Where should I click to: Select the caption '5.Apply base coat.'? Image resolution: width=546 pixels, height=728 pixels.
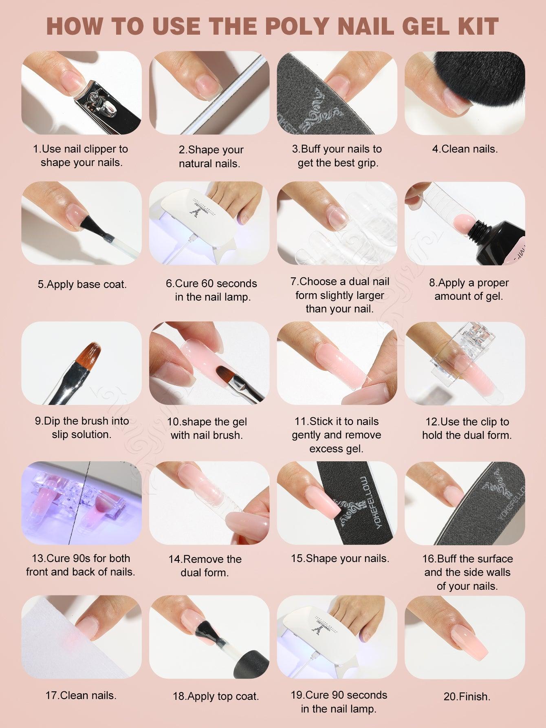tap(82, 284)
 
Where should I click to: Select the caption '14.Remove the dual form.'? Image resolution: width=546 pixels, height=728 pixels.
tap(205, 566)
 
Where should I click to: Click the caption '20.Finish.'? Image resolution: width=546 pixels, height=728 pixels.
tap(467, 697)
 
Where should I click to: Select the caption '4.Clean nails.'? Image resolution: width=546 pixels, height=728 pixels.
tap(465, 149)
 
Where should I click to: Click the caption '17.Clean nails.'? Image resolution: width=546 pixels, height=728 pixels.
tap(81, 695)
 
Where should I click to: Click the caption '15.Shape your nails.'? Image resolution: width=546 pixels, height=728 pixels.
tap(340, 558)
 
